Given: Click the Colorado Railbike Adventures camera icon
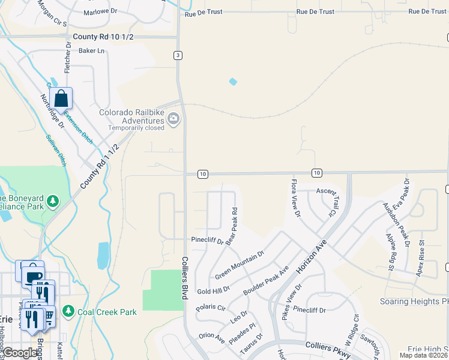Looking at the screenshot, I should (173, 119).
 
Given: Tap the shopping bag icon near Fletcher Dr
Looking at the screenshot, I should (61, 98).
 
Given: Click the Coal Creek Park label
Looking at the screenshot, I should (107, 312).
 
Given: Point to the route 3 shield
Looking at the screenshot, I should (178, 56).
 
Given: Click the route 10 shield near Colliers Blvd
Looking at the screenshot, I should (203, 174).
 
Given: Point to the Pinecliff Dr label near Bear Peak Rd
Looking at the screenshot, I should (207, 241).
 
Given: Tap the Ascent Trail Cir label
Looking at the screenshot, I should (328, 200).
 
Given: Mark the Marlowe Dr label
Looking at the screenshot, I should (100, 12).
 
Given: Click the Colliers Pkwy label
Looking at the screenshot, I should (327, 346).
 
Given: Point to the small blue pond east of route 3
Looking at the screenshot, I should (233, 82).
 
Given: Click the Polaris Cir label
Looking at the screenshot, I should (210, 308).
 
